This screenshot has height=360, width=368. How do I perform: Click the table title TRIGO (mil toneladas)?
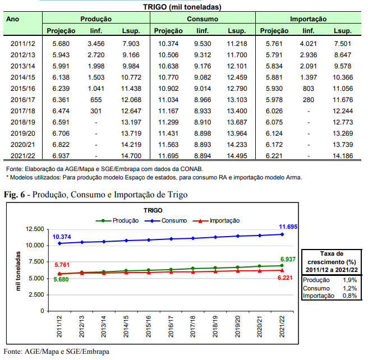pos(183,7)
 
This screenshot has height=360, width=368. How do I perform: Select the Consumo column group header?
pos(203,19)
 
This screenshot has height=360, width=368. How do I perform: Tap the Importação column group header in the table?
pos(309,19)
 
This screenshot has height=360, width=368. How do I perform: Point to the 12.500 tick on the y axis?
pos(33,229)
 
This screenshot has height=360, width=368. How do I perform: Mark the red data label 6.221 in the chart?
pos(287,278)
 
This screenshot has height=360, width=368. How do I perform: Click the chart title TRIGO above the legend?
pos(153,210)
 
